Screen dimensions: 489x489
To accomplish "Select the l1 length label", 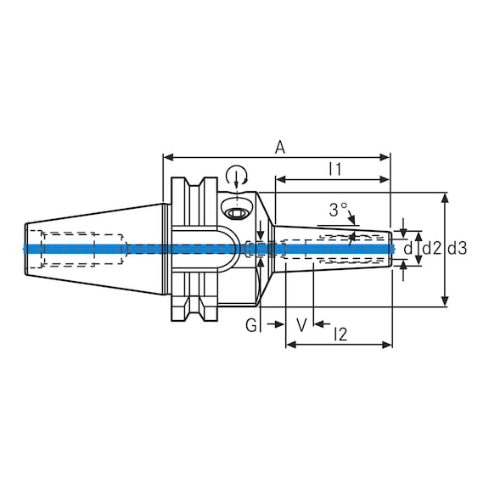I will [x=334, y=169].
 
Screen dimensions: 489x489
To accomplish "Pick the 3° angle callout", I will [x=339, y=209].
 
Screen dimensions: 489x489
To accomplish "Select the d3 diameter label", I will [x=457, y=248].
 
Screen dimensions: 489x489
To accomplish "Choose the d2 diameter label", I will [x=432, y=248].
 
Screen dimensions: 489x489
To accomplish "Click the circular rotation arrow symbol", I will [x=237, y=176].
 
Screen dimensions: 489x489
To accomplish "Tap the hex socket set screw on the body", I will [x=238, y=211].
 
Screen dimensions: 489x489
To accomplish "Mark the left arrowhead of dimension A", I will [x=167, y=157].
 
